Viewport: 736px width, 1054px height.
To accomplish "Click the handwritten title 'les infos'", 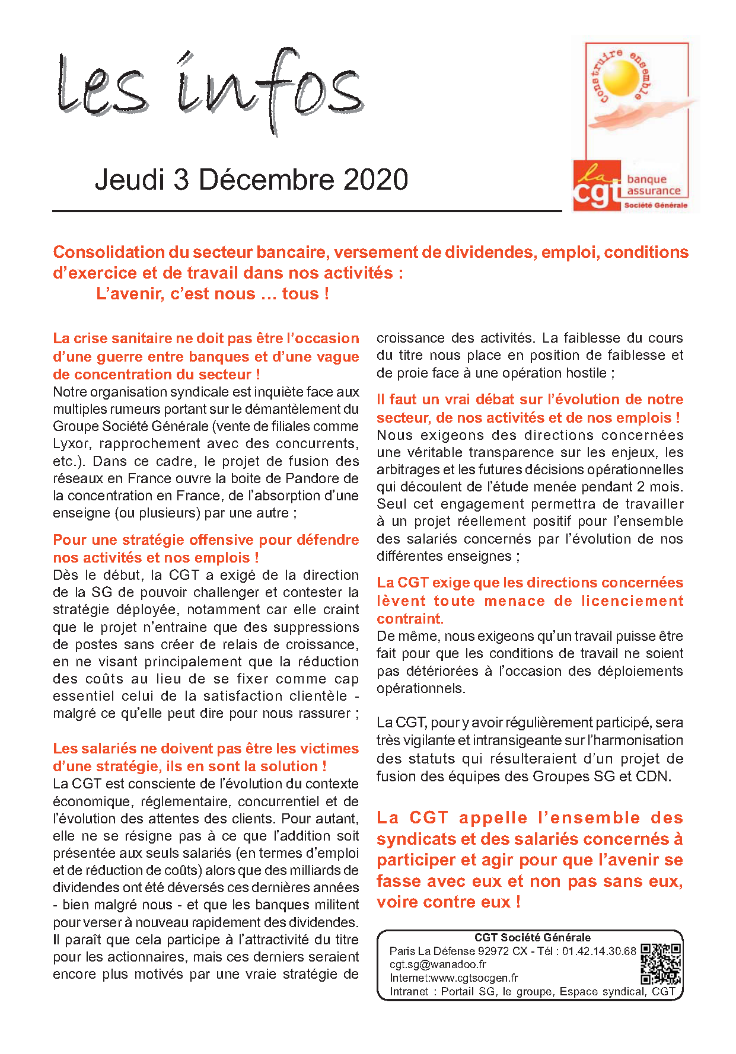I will pyautogui.click(x=211, y=89).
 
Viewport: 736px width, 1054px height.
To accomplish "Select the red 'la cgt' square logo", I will pyautogui.click(x=597, y=185).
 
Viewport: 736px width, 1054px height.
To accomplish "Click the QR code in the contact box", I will pyautogui.click(x=660, y=964).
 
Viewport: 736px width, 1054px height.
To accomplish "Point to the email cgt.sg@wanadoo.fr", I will pyautogui.click(x=438, y=964).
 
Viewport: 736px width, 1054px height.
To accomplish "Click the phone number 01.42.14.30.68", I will pyautogui.click(x=599, y=951).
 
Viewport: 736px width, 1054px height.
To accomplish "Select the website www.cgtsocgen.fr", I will pyautogui.click(x=474, y=978).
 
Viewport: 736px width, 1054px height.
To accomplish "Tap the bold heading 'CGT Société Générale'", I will pyautogui.click(x=532, y=938).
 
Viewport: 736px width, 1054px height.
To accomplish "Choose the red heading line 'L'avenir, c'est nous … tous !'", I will pyautogui.click(x=212, y=294).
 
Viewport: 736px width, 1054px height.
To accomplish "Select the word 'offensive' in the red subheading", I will pyautogui.click(x=205, y=540).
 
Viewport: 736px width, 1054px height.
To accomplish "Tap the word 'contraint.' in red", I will pyautogui.click(x=410, y=619).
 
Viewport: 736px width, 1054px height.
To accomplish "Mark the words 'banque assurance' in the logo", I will pyautogui.click(x=653, y=185).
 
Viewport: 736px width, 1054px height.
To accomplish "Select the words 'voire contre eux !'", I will pyautogui.click(x=448, y=902).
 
